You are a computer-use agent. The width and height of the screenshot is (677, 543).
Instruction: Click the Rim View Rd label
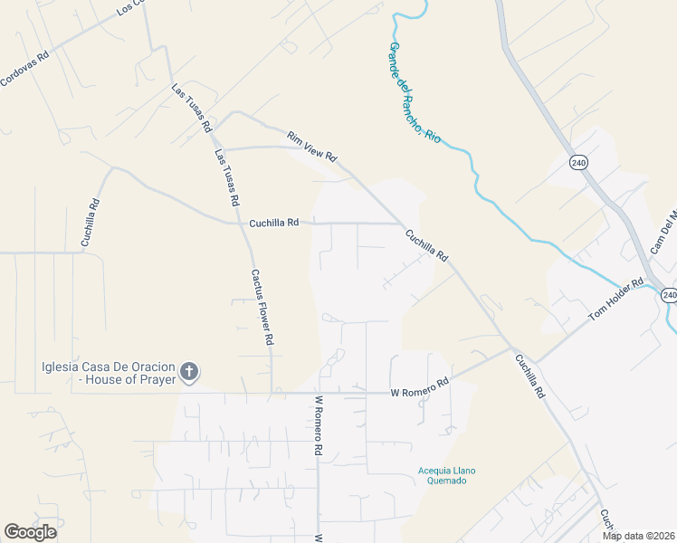(312, 147)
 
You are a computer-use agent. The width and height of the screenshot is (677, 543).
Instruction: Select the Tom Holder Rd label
(615, 300)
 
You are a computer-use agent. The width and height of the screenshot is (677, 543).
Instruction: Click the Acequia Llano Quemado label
(446, 475)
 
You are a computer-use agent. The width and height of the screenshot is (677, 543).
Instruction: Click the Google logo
(30, 532)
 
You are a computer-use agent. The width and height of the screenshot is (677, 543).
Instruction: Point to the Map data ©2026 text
(639, 536)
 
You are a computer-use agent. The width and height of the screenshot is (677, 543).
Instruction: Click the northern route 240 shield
(578, 162)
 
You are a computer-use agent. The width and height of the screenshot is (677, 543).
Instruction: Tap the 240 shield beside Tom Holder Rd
(669, 295)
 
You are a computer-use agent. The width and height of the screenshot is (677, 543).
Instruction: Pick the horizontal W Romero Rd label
(419, 389)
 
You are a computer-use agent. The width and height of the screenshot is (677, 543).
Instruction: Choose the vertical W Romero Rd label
(319, 424)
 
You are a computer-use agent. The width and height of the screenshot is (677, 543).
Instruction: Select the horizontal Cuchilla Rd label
(273, 222)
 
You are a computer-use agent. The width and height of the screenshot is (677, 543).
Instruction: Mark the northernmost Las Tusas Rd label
(191, 106)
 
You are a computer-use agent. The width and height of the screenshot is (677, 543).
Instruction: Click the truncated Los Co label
(130, 8)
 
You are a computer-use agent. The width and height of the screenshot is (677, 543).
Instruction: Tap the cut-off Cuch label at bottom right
(606, 522)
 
